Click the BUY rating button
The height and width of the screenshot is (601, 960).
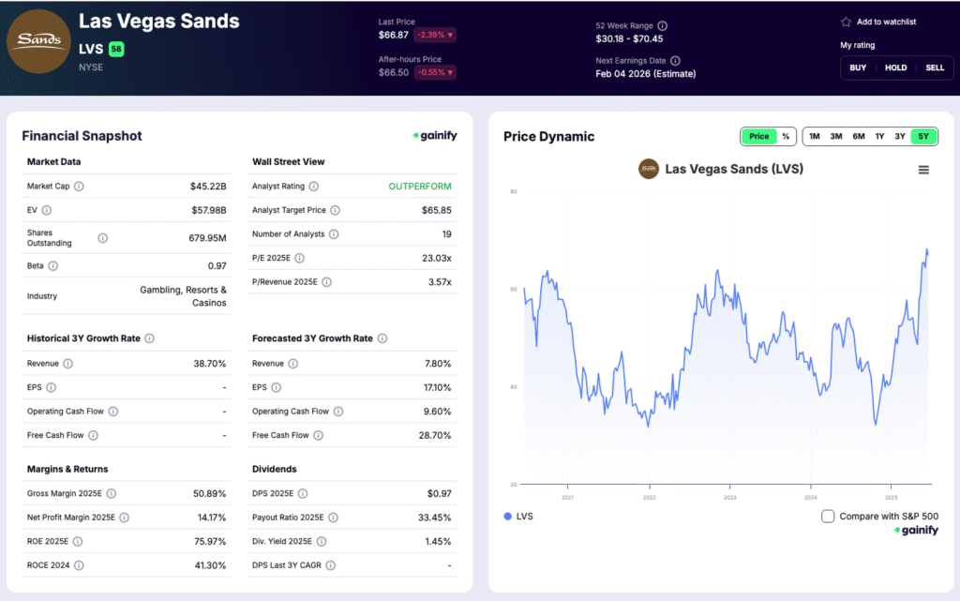(858, 68)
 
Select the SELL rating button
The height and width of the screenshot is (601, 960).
(935, 68)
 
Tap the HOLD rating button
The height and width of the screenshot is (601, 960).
(896, 68)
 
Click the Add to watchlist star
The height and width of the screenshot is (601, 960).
(846, 22)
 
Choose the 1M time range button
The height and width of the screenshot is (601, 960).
(815, 136)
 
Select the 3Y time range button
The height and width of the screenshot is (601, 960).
(900, 136)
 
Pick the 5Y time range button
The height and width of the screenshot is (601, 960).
(923, 136)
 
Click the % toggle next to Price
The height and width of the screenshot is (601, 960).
(786, 136)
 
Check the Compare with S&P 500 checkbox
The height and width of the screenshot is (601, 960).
(828, 516)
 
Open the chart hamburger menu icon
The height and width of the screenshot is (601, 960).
(923, 170)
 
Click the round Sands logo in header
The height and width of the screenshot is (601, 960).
(38, 40)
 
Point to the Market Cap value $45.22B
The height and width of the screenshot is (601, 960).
(208, 187)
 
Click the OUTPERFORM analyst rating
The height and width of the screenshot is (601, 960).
(420, 187)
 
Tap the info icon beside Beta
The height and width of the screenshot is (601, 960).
(52, 266)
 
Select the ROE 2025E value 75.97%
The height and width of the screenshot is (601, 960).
(208, 541)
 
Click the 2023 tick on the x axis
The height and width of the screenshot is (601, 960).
(729, 497)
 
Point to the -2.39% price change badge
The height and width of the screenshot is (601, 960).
(436, 36)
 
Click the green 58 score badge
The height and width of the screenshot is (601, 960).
(116, 49)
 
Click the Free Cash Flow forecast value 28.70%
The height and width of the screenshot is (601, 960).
(435, 435)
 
